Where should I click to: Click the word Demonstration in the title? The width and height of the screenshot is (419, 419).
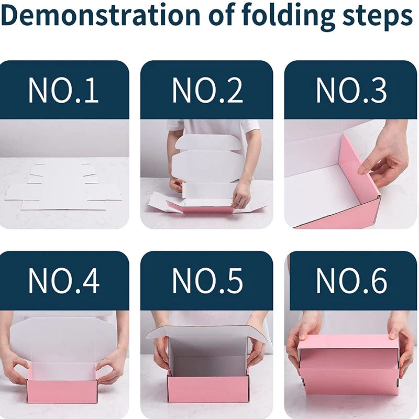(101, 16)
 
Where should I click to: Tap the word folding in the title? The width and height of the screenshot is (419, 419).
(288, 17)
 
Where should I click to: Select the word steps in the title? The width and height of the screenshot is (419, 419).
(378, 18)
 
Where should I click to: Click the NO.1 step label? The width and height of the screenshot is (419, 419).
(63, 90)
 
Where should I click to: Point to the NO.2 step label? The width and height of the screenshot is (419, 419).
(207, 90)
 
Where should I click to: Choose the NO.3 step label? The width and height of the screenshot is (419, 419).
(351, 90)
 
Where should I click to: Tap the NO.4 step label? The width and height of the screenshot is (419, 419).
(63, 281)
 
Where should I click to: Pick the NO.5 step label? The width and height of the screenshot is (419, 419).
(207, 281)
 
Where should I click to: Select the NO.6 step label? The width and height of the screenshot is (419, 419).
(351, 281)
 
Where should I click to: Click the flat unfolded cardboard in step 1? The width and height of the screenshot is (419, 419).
(63, 187)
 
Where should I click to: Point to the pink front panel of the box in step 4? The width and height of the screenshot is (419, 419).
(61, 391)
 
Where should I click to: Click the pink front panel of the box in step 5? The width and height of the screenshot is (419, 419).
(208, 388)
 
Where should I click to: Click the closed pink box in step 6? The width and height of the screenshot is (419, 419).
(348, 365)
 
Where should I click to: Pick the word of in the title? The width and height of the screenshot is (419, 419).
(220, 16)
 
